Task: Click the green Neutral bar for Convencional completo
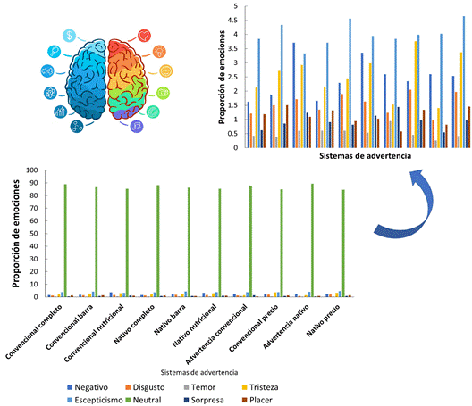(65, 240)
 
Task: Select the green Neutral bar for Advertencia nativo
(313, 240)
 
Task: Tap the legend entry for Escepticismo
(95, 400)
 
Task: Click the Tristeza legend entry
(260, 387)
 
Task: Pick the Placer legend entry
(257, 400)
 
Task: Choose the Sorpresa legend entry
(204, 400)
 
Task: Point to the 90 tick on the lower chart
(32, 183)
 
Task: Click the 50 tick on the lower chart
(32, 234)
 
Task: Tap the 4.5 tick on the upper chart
(232, 21)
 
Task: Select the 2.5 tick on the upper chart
(232, 77)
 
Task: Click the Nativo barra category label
(170, 319)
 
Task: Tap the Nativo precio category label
(324, 320)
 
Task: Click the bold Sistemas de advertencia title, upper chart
(365, 155)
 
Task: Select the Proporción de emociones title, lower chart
(16, 234)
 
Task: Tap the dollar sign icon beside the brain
(70, 36)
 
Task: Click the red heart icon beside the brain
(144, 36)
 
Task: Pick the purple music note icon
(137, 126)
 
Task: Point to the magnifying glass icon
(55, 52)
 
